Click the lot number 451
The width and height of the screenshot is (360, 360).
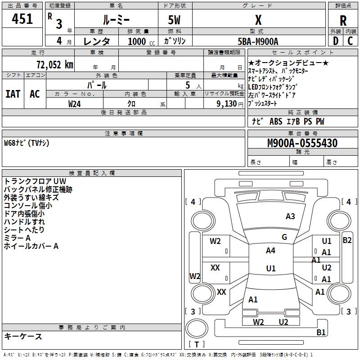(x=22, y=19)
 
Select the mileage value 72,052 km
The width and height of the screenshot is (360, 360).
(x=55, y=65)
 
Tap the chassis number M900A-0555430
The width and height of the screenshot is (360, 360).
(x=302, y=143)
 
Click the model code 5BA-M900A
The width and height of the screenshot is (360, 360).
(x=258, y=41)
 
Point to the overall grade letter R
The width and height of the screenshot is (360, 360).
(x=343, y=21)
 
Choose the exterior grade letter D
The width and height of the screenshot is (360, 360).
(x=336, y=41)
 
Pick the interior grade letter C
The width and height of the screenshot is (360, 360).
(x=350, y=41)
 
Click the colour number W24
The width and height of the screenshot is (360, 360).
(x=74, y=104)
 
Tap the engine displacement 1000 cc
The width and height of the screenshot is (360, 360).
(x=141, y=41)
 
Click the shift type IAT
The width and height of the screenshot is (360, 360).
(x=13, y=94)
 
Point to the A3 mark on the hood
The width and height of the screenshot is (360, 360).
(x=290, y=216)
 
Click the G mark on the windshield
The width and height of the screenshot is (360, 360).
(x=284, y=237)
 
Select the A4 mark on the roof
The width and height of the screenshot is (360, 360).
(x=270, y=251)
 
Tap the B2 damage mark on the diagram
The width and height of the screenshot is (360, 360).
(x=347, y=240)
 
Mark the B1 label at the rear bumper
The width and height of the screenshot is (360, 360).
(x=321, y=332)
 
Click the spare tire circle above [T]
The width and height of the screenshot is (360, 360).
(x=197, y=328)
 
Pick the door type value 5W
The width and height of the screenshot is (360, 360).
(x=174, y=20)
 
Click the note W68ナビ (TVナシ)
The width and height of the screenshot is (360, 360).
(x=27, y=143)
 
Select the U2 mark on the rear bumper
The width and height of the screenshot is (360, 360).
(x=283, y=322)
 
